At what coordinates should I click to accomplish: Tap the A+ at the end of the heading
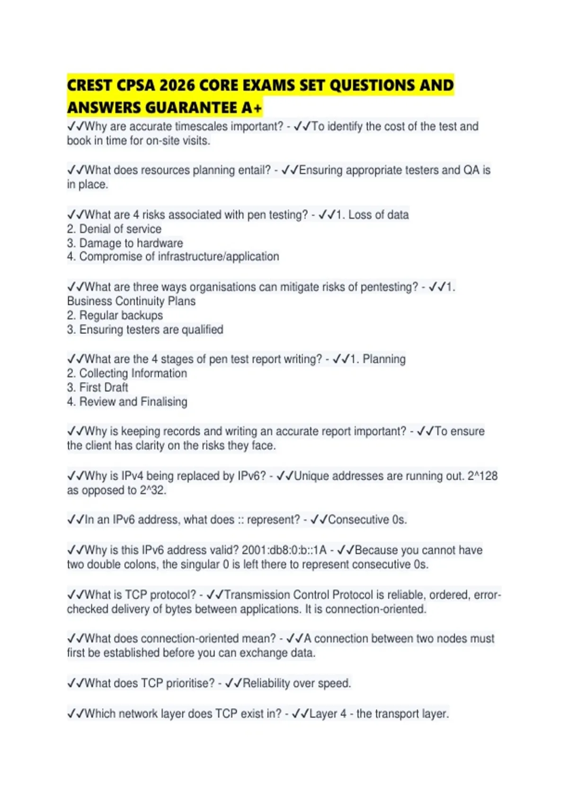coord(251,108)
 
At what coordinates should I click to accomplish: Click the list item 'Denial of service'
coord(120,229)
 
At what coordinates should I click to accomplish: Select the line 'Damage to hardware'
coord(131,243)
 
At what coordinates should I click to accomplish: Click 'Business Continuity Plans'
coord(131,301)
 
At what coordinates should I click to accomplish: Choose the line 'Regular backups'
coord(121,315)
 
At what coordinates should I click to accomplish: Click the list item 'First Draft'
coord(104,387)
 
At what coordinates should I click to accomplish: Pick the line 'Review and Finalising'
coord(133,402)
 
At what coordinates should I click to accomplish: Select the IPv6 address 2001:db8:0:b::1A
coord(284,550)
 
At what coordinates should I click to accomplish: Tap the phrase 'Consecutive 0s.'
coord(367,520)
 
